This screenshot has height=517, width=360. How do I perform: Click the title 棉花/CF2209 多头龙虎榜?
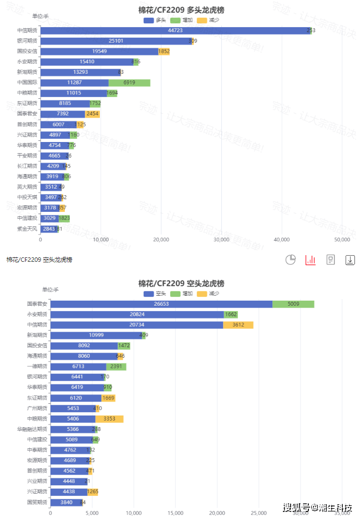coord(181,10)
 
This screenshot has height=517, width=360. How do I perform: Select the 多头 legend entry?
coord(155,20)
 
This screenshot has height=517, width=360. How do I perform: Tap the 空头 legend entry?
coord(155,293)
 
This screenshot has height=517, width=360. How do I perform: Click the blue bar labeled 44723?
coord(175,31)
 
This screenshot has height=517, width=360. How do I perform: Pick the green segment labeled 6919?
coord(129,83)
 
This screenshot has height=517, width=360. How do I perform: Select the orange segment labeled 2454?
coord(92,114)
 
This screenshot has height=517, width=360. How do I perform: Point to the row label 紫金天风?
coord(27,229)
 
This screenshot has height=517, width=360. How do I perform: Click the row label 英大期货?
coord(27,187)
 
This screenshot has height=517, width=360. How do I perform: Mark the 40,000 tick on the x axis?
coord(282,240)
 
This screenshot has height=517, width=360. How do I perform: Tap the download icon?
coord(350,260)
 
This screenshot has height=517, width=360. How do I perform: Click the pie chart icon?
coord(290,260)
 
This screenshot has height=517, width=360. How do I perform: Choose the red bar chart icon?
coord(311,260)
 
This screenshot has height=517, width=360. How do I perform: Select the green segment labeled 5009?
coord(293,304)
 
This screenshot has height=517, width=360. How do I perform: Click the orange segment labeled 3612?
coord(238,325)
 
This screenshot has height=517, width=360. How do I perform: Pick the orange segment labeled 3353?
coord(109,419)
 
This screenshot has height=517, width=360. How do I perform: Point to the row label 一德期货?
coord(37,366)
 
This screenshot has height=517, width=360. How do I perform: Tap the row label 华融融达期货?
coord(32,429)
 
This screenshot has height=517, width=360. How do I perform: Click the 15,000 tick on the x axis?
coord(175,513)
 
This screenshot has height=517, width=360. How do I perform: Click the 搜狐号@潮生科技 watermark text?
coord(317,508)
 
